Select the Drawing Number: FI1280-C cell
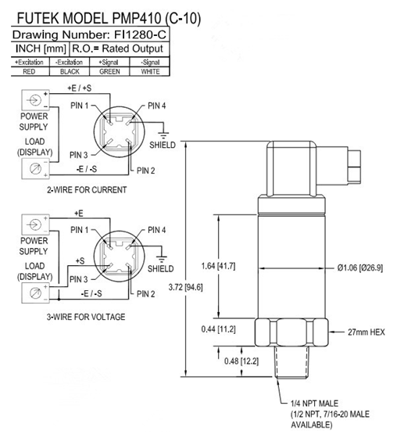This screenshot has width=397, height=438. pos(91,35)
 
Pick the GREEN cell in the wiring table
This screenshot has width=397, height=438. pos(109,70)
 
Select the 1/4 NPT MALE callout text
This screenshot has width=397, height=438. pos(308,404)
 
